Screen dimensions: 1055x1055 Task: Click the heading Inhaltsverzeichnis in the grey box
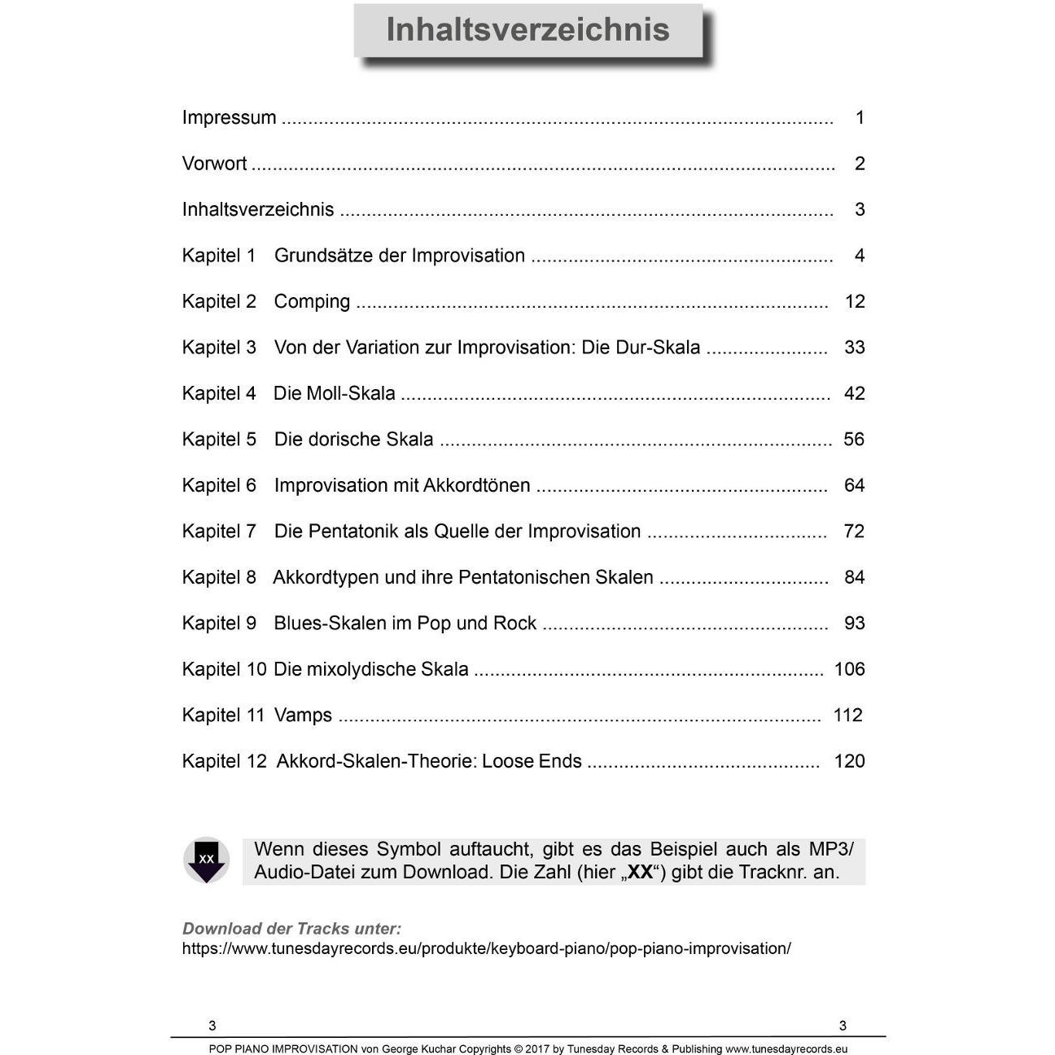tap(527, 30)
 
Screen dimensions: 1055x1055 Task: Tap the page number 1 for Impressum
tap(860, 118)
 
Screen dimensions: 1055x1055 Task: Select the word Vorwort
tap(214, 164)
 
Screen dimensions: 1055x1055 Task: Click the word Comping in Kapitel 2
tap(312, 302)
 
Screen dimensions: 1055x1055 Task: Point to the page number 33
tap(854, 348)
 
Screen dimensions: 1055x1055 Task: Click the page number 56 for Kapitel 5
tap(854, 440)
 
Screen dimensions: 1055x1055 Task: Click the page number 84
tap(854, 578)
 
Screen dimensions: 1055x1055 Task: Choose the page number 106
tap(849, 670)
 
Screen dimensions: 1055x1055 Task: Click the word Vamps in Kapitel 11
tap(303, 716)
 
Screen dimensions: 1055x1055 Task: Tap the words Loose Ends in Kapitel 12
tap(532, 762)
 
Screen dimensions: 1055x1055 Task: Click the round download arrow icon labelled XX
tap(207, 860)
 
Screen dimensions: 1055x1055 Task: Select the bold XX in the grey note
tap(641, 873)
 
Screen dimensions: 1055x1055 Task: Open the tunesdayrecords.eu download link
tap(486, 949)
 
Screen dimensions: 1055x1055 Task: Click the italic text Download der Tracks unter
tap(291, 929)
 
